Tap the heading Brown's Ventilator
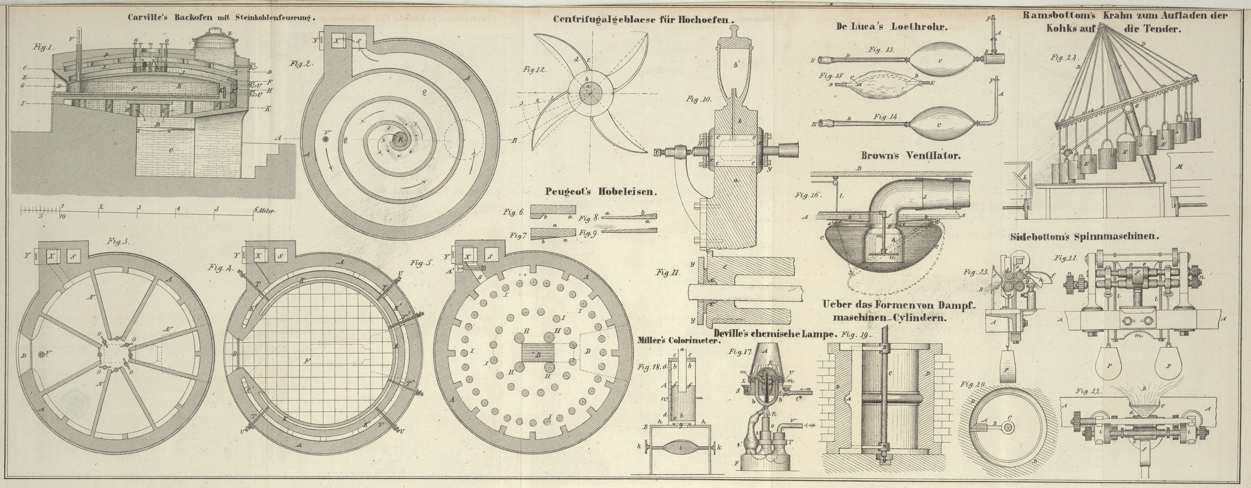[911, 156]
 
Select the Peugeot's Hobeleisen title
[601, 191]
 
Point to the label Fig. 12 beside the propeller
[535, 69]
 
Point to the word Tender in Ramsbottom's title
[1159, 29]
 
